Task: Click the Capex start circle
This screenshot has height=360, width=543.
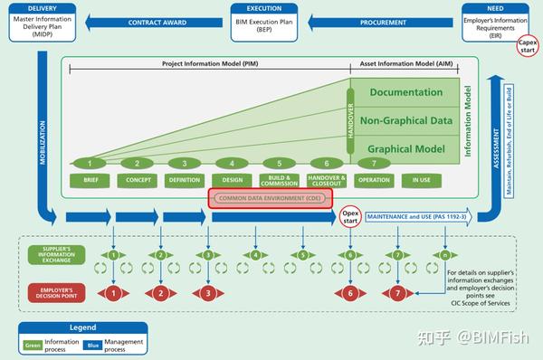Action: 528,47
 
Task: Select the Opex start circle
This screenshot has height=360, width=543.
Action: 350,217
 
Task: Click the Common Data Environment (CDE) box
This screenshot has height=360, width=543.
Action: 271,198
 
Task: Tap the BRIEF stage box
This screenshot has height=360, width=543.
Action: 90,180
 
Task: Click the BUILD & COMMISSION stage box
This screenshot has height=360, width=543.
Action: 279,180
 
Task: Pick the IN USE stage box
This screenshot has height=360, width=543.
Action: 422,180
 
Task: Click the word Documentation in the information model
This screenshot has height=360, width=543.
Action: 406,93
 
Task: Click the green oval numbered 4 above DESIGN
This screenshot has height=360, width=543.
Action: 231,163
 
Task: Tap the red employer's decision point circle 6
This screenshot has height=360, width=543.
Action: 349,293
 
